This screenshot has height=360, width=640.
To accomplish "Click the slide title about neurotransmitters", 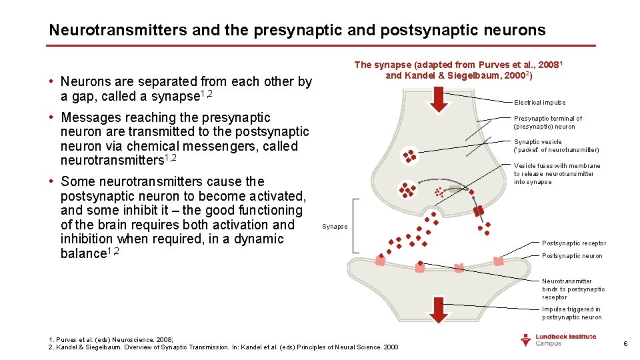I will click(297, 30).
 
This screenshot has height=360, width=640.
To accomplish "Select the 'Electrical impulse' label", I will click(539, 103).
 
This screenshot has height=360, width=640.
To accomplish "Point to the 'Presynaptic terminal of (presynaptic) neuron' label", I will click(547, 123).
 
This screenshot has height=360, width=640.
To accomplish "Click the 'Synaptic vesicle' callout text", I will click(556, 146).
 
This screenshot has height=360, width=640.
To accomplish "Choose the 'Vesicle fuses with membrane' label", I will click(556, 174).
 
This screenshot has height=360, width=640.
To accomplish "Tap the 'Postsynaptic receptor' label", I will click(574, 243).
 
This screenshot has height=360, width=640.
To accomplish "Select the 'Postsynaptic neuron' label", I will click(571, 256).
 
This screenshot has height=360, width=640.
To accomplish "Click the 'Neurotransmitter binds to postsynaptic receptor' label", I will click(573, 289).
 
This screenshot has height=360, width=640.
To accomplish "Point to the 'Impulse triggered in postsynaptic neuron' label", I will click(571, 313).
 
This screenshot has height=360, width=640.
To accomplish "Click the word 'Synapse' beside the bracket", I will click(335, 227).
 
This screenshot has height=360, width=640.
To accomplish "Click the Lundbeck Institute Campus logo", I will click(557, 340).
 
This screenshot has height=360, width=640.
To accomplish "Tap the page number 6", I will click(625, 343).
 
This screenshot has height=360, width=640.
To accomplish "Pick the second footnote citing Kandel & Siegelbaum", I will click(223, 347).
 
